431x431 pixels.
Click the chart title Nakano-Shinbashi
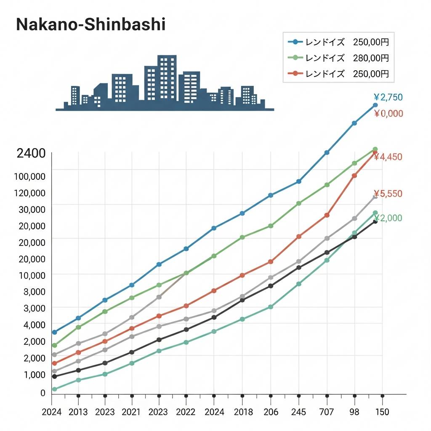coord(90,24)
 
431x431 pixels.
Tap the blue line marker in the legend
coord(295,42)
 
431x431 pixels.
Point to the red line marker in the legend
coord(295,74)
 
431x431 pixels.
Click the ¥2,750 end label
coord(388,97)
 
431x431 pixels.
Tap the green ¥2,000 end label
coord(389,218)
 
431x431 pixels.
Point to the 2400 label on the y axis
coord(31,153)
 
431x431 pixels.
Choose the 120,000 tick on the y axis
coord(29,193)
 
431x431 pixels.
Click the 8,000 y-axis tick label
coord(32,291)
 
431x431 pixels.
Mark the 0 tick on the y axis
coord(43,393)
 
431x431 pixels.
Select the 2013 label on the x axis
coord(78,412)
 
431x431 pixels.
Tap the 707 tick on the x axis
coord(327,412)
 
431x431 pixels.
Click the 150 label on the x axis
coord(382,412)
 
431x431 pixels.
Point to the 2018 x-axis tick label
coord(242,412)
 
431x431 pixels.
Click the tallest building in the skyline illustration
coord(167,78)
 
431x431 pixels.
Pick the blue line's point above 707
coord(327,152)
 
